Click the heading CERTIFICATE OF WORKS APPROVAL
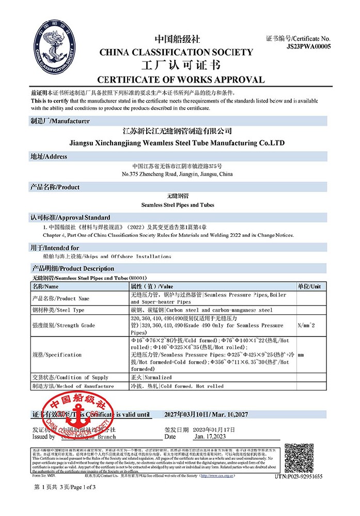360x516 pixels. click(x=181, y=79)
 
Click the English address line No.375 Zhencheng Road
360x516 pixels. click(x=177, y=174)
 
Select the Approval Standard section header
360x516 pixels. click(x=70, y=217)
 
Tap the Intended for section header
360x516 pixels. click(x=55, y=248)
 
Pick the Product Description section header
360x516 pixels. click(x=73, y=269)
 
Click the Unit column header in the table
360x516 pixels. click(x=309, y=286)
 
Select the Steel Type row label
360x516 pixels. click(x=58, y=310)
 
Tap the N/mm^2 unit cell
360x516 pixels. click(x=305, y=326)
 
